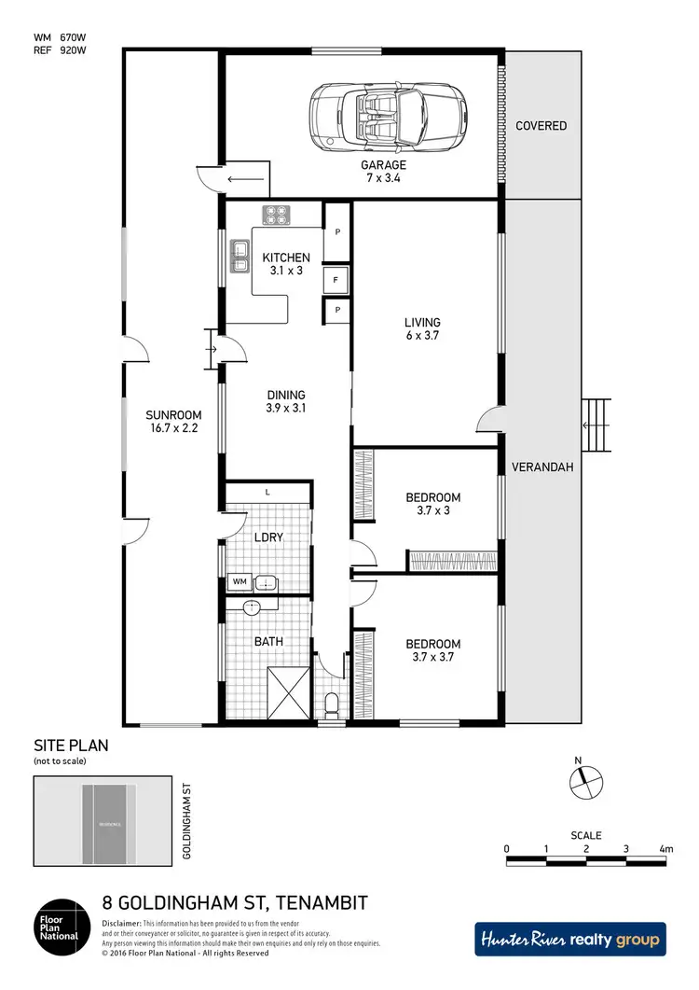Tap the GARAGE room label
coord(384,172)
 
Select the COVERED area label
coord(541,126)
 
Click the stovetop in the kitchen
coord(277,215)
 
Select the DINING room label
coord(285,401)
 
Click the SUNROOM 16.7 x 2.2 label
coord(171,422)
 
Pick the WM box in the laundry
coord(240,582)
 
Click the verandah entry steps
coord(596,425)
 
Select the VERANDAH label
coord(541,469)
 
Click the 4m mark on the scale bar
coord(665,849)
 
